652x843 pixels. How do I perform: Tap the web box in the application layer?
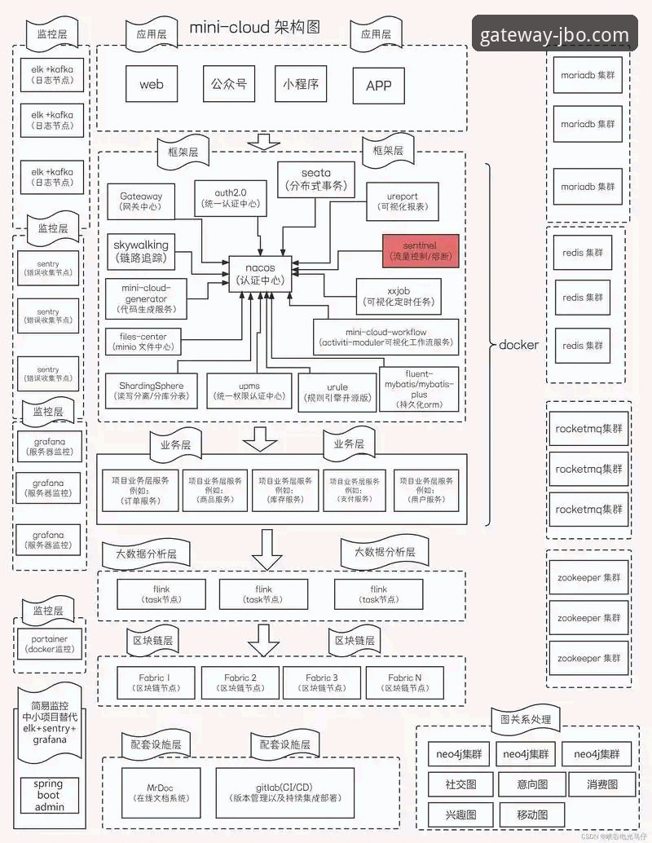[152, 84]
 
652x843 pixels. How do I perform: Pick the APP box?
[379, 86]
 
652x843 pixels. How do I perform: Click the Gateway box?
[141, 201]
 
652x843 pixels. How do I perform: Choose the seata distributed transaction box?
[316, 179]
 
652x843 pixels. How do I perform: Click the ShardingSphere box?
[151, 391]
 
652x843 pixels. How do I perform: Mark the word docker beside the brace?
[518, 345]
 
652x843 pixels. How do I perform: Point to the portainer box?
[51, 644]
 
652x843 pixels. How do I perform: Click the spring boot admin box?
[48, 796]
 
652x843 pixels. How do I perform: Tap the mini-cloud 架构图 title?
[254, 27]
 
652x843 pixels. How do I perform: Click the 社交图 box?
[460, 785]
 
